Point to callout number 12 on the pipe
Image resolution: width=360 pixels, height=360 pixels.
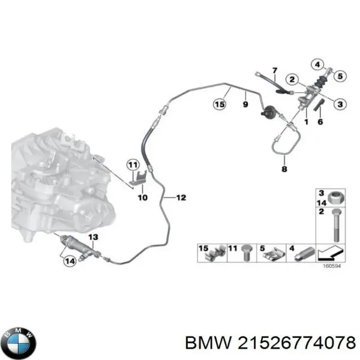[181, 197]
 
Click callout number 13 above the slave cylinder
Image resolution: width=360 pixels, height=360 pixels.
[94, 238]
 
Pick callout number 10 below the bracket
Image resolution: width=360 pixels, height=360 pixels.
[142, 197]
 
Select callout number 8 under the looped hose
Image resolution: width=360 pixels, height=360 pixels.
[284, 170]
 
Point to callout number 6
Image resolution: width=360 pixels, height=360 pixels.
[320, 122]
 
